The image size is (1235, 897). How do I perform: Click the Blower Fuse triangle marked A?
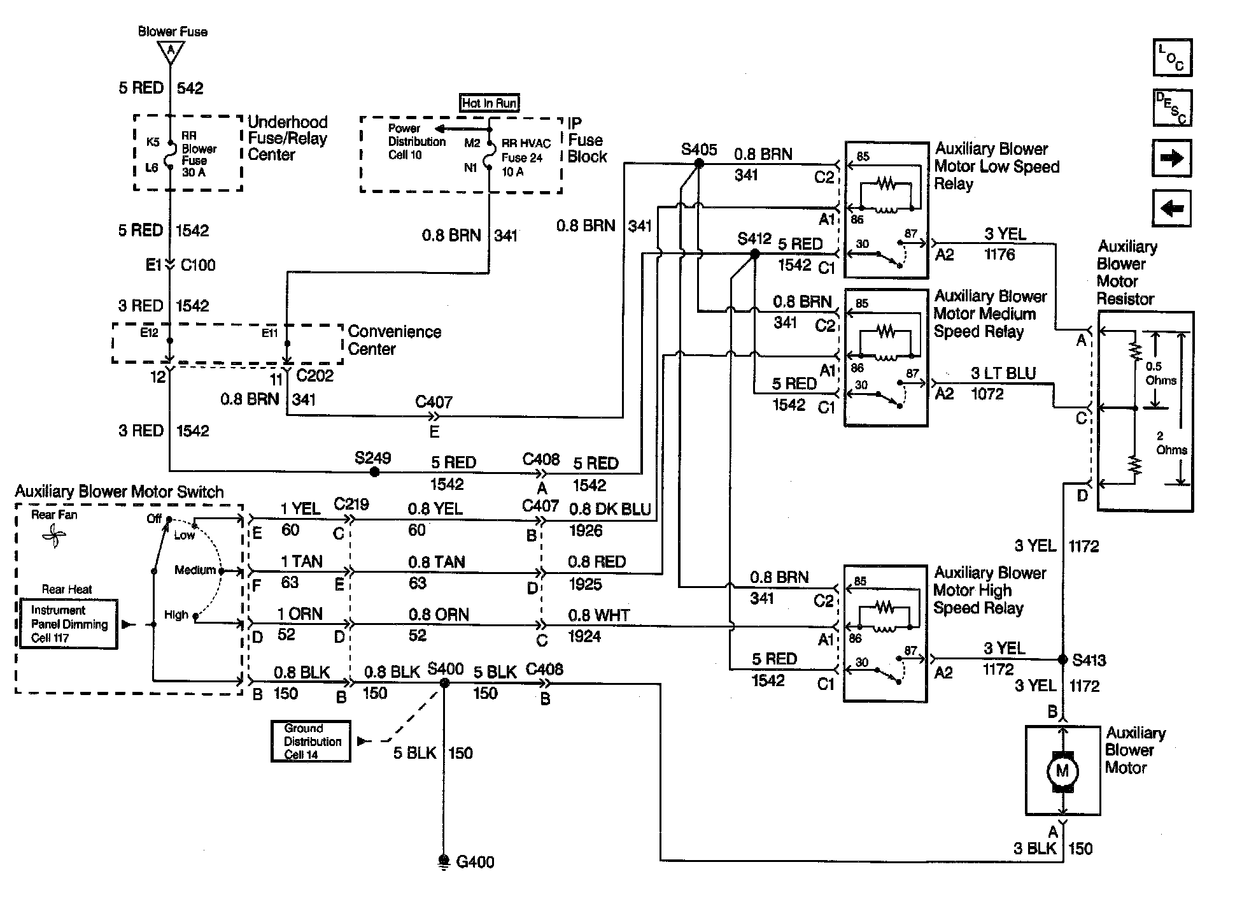[170, 51]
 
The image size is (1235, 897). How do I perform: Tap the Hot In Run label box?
[489, 103]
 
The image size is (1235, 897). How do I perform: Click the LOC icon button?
[1172, 57]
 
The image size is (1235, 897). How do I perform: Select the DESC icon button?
[1172, 108]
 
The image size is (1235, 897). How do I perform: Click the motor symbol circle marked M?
[1062, 771]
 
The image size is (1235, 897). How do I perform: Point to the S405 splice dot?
[698, 163]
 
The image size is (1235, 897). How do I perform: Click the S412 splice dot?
[754, 254]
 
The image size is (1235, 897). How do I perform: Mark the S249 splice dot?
[375, 472]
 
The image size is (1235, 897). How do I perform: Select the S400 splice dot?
[444, 683]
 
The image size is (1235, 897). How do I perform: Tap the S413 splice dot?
[1062, 659]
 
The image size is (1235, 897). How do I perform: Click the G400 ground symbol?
[444, 861]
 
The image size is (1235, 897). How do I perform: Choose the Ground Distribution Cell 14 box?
[311, 741]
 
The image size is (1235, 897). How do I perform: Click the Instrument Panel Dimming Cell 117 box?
[69, 624]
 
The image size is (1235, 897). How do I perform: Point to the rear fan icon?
[53, 536]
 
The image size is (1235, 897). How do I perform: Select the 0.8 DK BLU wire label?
[609, 509]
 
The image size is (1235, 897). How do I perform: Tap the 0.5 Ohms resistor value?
[1161, 373]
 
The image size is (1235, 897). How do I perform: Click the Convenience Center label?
[394, 340]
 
